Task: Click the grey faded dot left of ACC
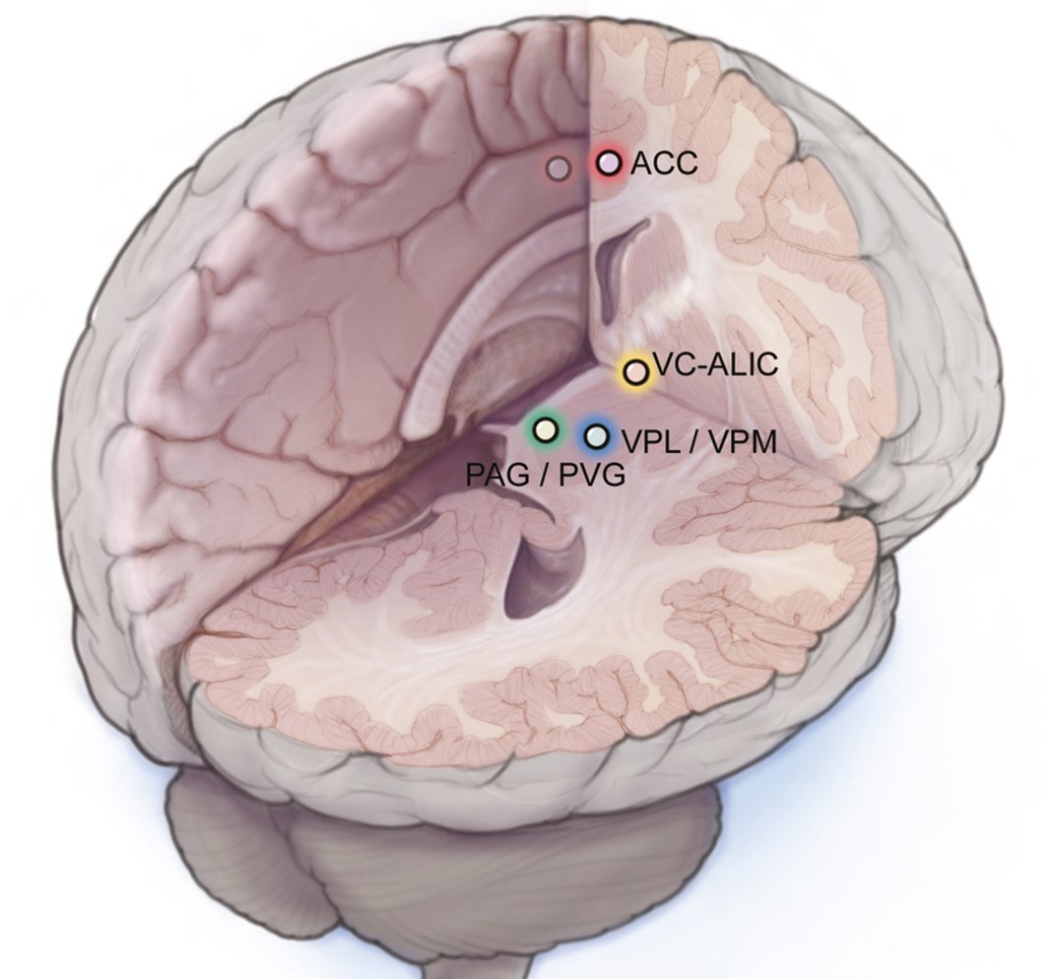(560, 168)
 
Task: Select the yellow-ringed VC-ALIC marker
(636, 372)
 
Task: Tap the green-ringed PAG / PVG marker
(545, 428)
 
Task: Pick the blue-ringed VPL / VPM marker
(596, 435)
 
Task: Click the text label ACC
(664, 163)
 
